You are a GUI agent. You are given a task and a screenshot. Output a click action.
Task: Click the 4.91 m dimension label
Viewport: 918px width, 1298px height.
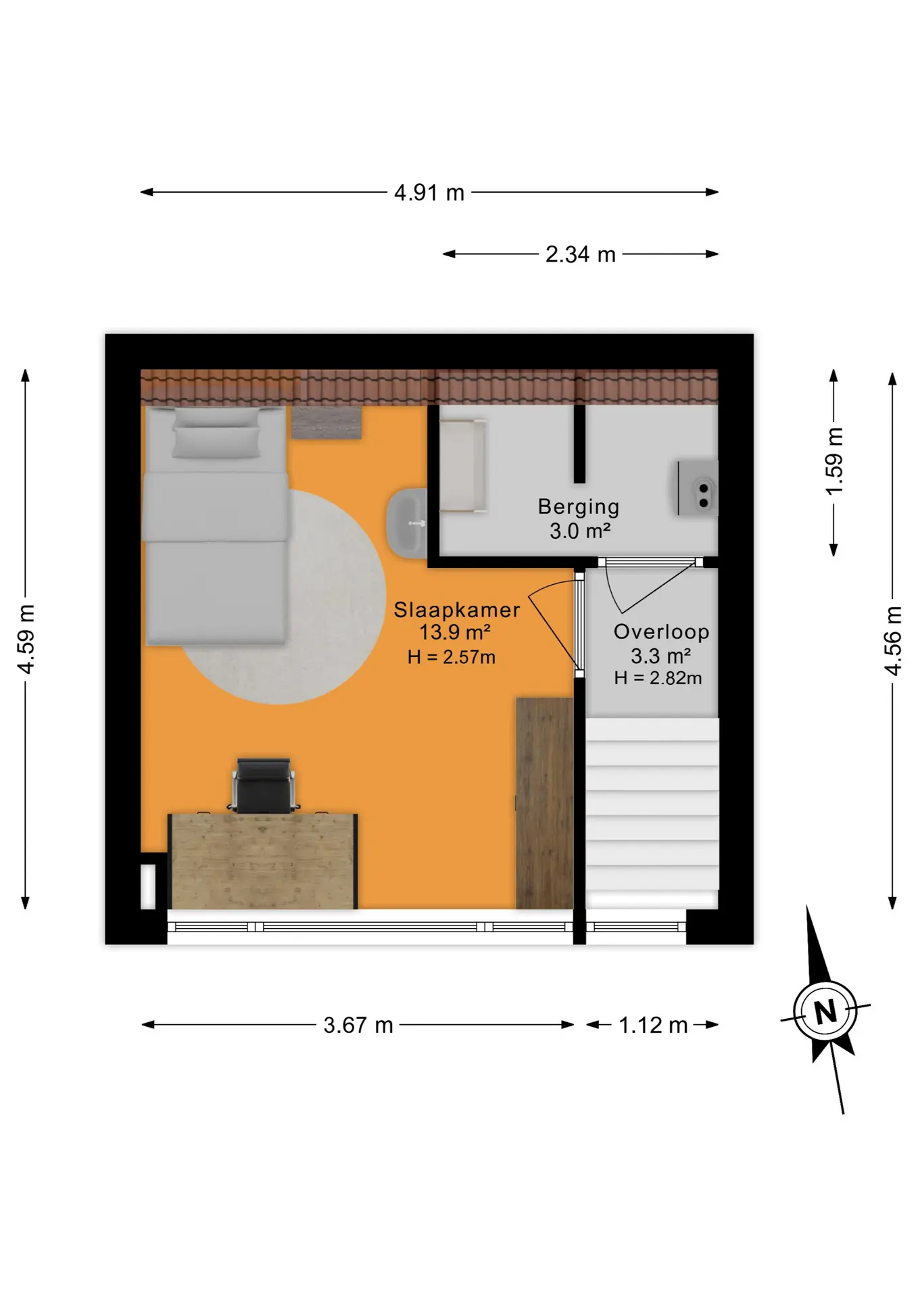(x=429, y=193)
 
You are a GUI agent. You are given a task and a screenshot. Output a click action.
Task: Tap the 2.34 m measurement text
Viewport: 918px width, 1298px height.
(x=581, y=254)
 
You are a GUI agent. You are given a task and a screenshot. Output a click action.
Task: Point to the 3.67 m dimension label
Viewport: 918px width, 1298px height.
(x=358, y=1025)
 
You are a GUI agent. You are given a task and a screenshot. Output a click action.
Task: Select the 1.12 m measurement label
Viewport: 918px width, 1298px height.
(x=653, y=1025)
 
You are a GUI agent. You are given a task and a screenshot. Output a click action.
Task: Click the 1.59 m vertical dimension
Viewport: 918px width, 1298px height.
(x=834, y=461)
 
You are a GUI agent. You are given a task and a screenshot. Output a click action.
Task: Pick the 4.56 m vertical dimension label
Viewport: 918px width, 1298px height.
(x=893, y=641)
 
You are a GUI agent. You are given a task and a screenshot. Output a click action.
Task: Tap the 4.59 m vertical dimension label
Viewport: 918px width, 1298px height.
(x=26, y=639)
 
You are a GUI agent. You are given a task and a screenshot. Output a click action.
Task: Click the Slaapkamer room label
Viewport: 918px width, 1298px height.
(x=457, y=610)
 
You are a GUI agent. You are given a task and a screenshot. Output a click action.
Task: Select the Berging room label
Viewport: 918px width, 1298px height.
(x=579, y=506)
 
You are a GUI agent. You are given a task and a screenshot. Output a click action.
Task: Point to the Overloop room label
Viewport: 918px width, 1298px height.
(x=661, y=631)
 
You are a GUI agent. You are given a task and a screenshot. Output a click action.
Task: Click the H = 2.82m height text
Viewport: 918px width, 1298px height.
(x=658, y=677)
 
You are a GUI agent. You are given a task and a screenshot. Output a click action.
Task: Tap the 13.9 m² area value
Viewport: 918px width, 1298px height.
(x=455, y=633)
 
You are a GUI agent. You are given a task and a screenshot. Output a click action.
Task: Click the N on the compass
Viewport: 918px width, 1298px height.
(x=825, y=1012)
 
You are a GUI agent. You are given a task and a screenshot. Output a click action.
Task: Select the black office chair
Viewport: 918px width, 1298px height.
(x=264, y=786)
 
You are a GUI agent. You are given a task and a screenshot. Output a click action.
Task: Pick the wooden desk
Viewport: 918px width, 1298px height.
(x=263, y=861)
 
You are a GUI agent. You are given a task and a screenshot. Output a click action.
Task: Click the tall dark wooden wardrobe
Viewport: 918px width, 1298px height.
(x=545, y=803)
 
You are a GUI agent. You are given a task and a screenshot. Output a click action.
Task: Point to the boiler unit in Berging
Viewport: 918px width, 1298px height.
(x=698, y=488)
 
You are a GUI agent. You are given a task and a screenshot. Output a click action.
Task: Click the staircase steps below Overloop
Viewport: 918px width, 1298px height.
(x=652, y=804)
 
